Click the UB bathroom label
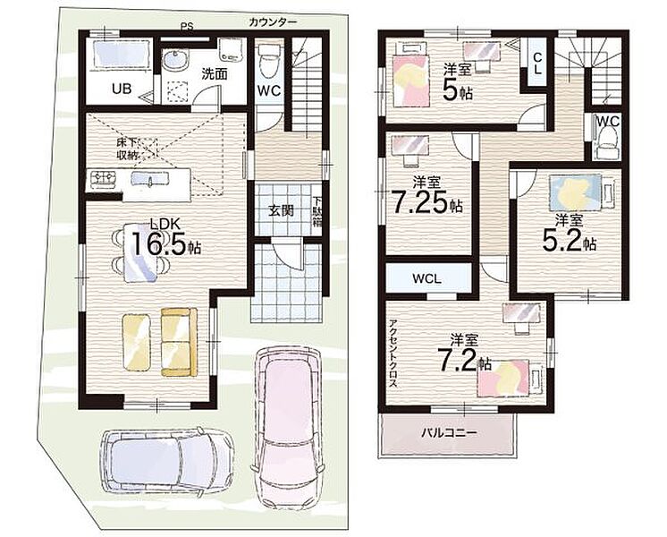coord(122,89)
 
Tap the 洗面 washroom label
coord(214,73)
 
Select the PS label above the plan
coord(186,27)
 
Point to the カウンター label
coord(273,22)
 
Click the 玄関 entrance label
coord(281,210)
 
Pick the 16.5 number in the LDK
coord(159,243)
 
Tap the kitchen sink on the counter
coord(150,178)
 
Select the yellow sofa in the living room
coord(179,342)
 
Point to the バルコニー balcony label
coord(449,433)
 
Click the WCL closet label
coord(426,279)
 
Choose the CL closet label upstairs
coord(537,63)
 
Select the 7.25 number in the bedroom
coord(420,202)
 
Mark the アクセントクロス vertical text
coord(393,353)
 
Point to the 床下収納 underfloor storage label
coord(127,149)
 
